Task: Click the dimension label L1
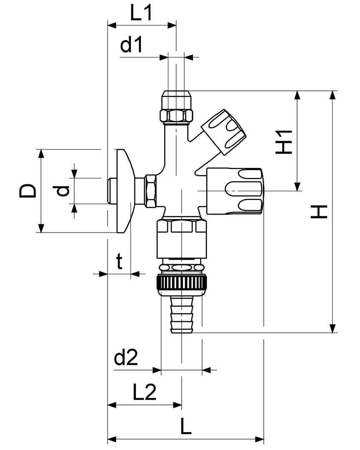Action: click(x=141, y=14)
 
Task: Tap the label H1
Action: click(x=285, y=141)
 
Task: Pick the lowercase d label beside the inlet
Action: click(x=62, y=191)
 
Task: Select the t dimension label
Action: click(x=120, y=262)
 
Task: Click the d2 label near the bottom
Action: click(x=125, y=358)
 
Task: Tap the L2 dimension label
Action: click(x=144, y=392)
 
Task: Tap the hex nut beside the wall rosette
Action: click(x=150, y=191)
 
